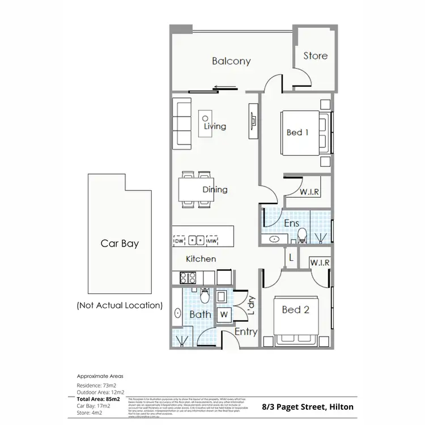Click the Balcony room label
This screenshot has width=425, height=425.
231,61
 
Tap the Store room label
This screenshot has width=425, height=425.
315,56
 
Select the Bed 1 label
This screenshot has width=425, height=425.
297,132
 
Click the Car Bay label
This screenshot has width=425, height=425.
120,244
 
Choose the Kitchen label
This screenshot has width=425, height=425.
201,259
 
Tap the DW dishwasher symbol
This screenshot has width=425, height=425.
180,240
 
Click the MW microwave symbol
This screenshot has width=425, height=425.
212,240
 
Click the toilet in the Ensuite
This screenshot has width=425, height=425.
303,234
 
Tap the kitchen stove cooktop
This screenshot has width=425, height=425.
187,278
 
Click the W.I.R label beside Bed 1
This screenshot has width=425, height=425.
309,192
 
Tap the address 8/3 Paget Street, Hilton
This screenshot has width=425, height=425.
308,407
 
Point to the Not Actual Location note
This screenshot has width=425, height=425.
120,305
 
